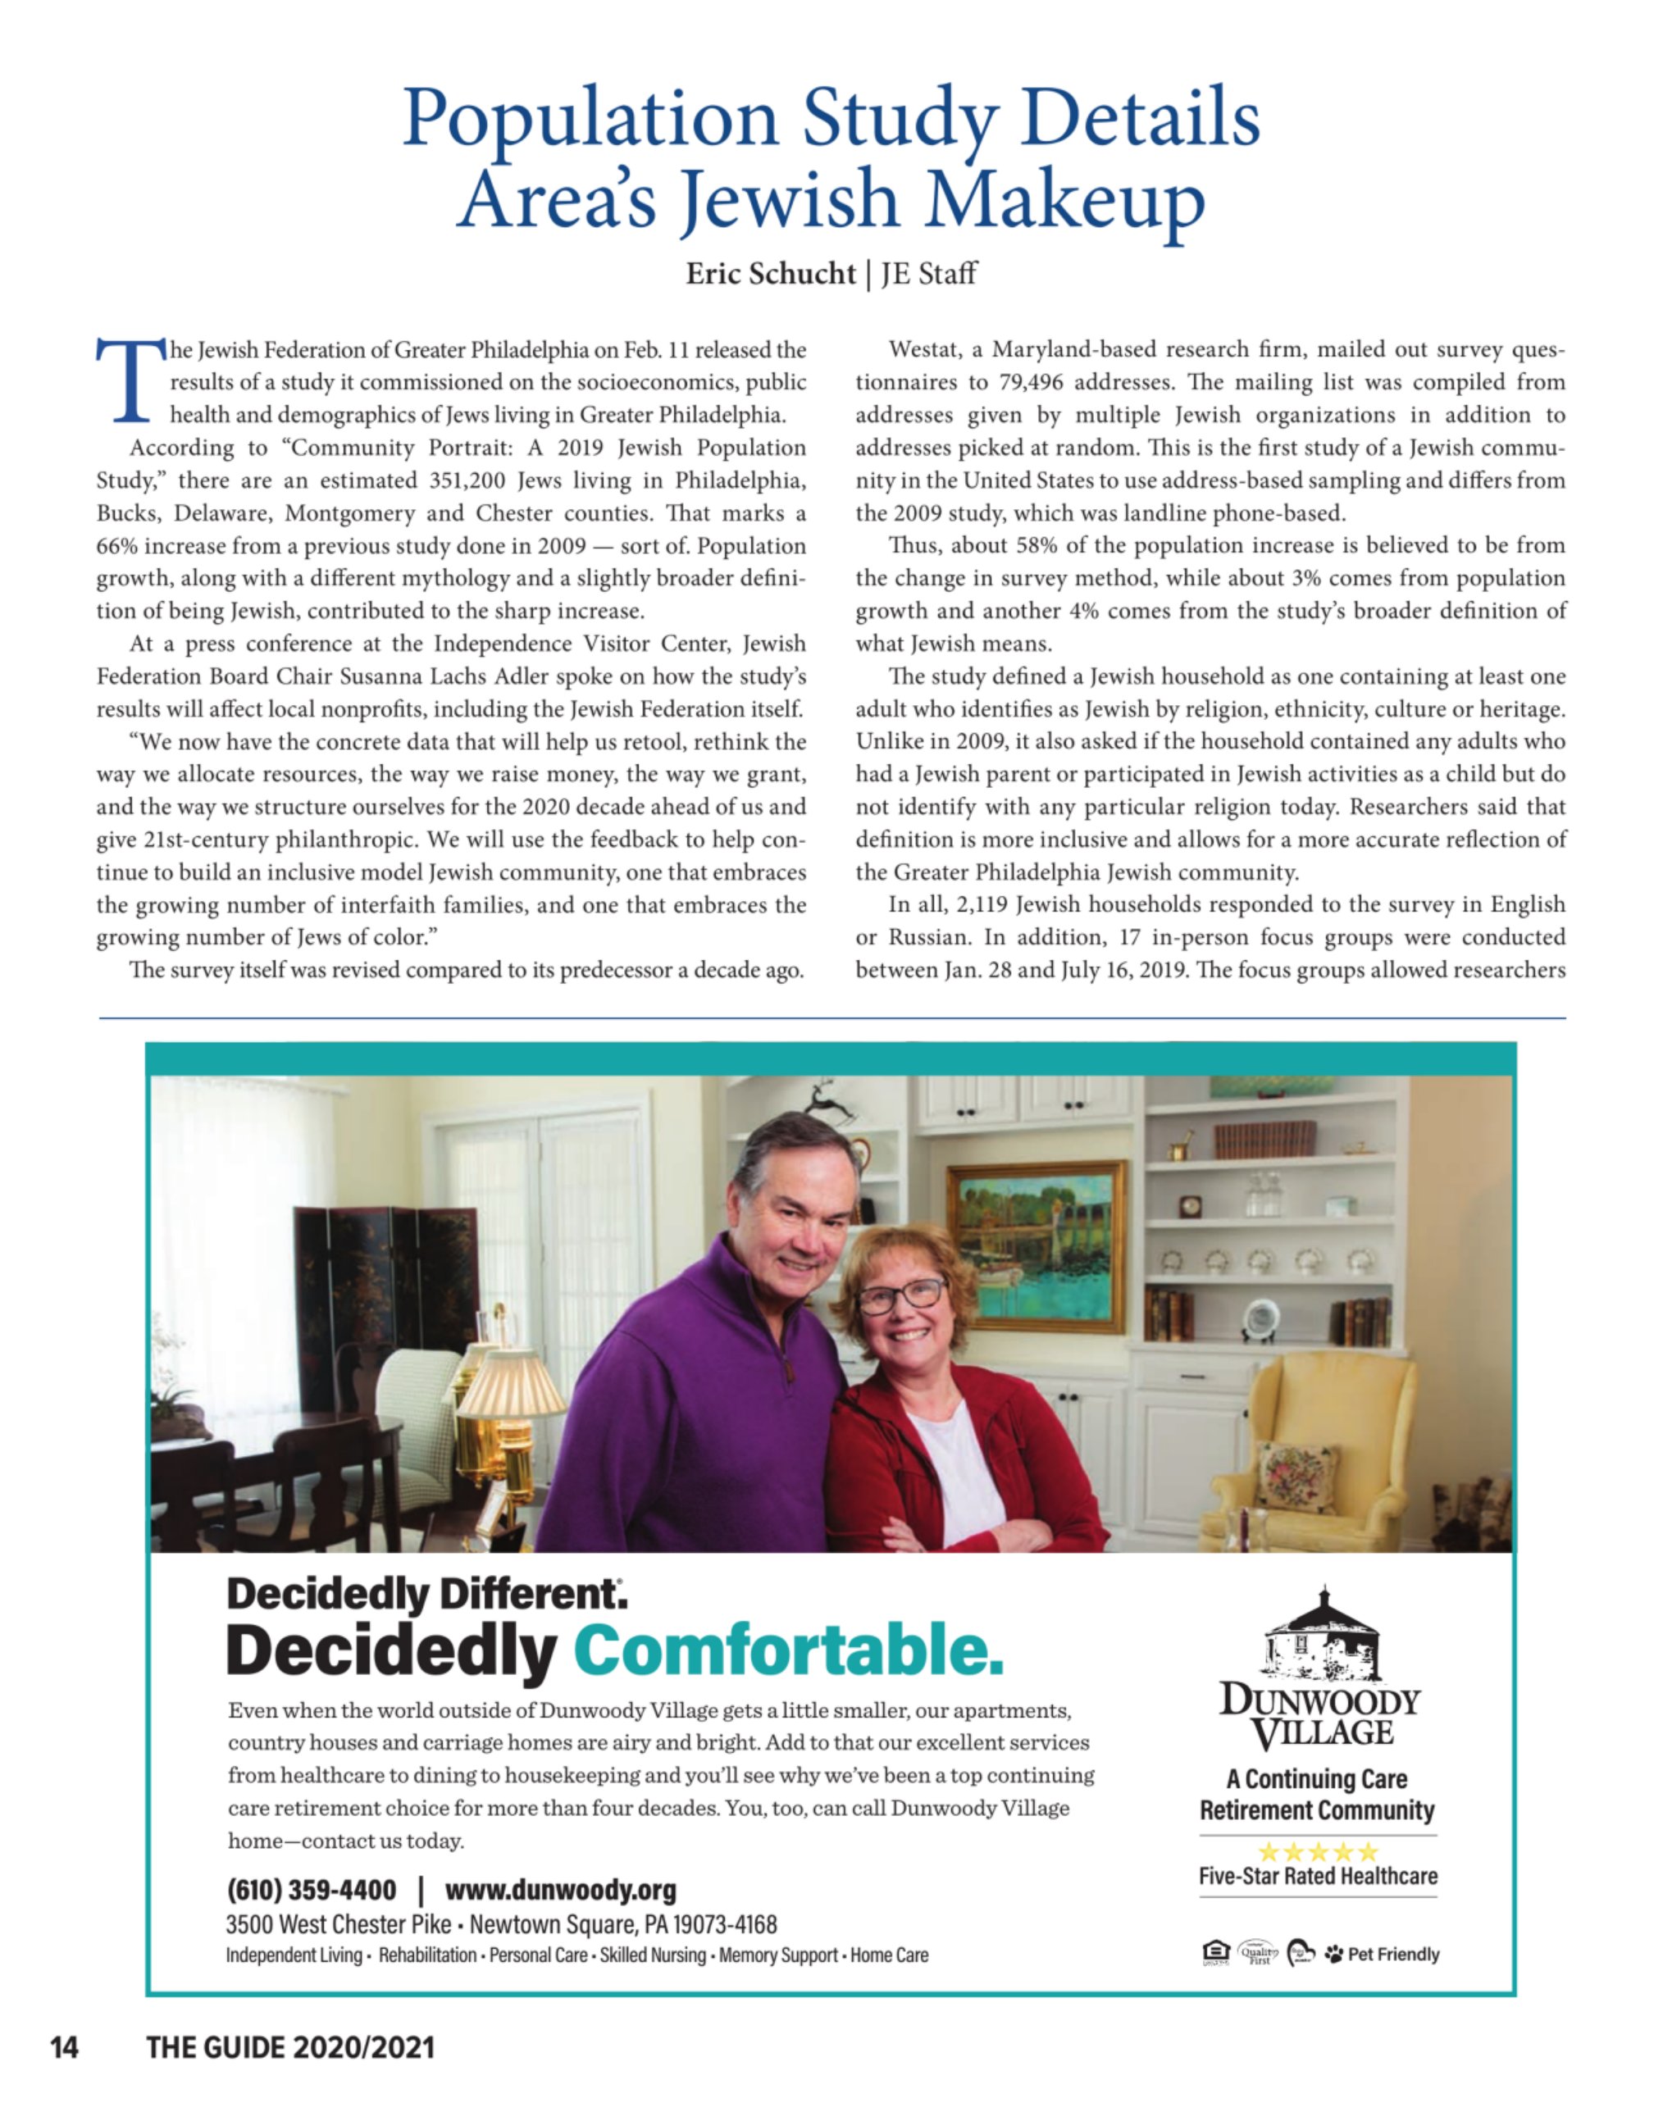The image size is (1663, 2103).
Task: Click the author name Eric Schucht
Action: [x=770, y=274]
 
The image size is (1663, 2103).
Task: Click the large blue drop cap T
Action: [x=130, y=380]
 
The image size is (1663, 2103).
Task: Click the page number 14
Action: [x=64, y=2047]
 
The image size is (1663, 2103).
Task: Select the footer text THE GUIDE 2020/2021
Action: [x=290, y=2047]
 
